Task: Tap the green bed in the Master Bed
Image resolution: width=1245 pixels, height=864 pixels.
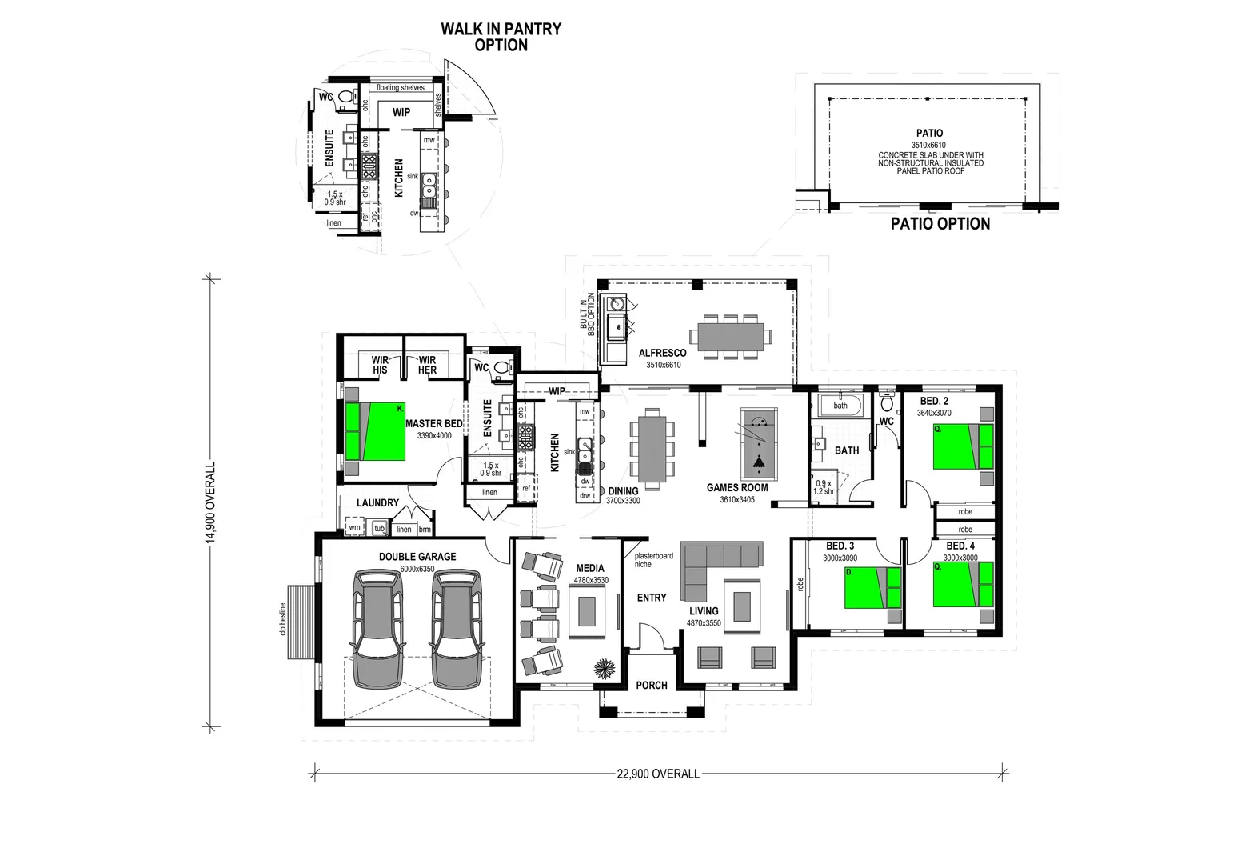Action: coord(375,431)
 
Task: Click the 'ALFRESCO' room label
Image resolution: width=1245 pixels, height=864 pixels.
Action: coord(662,353)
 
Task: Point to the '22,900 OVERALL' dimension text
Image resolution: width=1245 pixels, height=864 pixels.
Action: coord(658,774)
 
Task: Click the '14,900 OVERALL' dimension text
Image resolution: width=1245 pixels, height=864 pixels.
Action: coord(211,502)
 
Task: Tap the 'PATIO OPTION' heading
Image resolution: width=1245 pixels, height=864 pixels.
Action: coord(940,224)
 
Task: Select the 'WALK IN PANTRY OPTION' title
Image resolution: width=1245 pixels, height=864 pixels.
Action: coord(501,37)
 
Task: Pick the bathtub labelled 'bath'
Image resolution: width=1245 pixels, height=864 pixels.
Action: coord(840,405)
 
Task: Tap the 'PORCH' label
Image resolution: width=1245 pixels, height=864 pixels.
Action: coord(652,685)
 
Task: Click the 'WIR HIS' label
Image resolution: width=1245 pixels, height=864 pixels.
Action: coord(380,366)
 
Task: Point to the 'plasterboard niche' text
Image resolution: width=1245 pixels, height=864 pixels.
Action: coord(653,560)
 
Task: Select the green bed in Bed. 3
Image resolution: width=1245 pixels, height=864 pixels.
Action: coord(872,587)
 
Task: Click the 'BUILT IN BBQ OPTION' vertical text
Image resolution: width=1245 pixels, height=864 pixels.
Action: coord(591,314)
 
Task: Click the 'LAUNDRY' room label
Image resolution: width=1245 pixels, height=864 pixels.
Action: coord(377,502)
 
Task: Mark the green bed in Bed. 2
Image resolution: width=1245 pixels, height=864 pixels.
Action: coord(963,446)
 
